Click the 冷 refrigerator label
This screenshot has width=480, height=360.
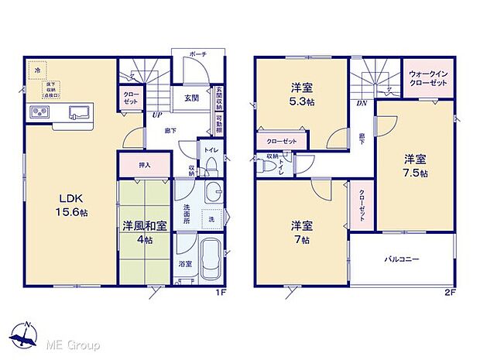pyautogui.click(x=37, y=70)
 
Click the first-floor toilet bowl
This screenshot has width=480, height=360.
pyautogui.click(x=211, y=166)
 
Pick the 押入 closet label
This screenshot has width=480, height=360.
pyautogui.click(x=144, y=164)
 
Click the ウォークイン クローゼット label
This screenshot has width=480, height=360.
pyautogui.click(x=428, y=77)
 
